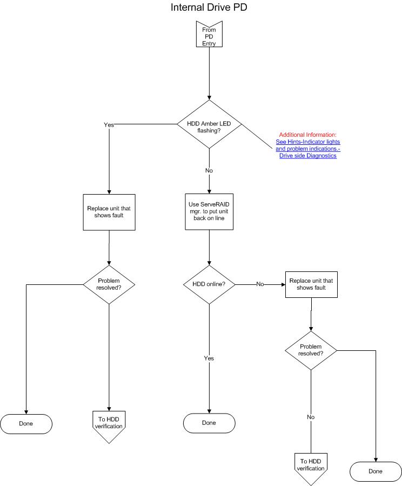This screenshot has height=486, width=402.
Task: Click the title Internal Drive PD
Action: click(x=209, y=7)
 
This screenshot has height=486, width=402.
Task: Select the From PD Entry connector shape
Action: click(x=209, y=34)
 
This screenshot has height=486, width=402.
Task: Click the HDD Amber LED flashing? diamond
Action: click(x=209, y=124)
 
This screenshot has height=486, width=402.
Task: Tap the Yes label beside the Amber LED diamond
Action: click(x=109, y=124)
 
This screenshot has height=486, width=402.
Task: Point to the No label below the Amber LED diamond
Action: click(x=209, y=170)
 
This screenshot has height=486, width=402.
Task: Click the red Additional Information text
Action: click(x=307, y=135)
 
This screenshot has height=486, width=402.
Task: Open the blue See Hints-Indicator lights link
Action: click(x=308, y=142)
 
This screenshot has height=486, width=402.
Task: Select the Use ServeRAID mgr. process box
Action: click(x=209, y=212)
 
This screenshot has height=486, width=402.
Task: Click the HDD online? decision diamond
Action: click(x=209, y=284)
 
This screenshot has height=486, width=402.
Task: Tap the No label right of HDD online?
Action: click(x=260, y=284)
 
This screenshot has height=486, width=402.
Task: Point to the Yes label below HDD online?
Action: click(x=209, y=358)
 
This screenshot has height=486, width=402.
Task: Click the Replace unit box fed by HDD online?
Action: click(x=311, y=284)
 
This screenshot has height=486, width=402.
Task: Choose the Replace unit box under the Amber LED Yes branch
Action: click(x=109, y=212)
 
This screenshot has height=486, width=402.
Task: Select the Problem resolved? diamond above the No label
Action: click(x=311, y=350)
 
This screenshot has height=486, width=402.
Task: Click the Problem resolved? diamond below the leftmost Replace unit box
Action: click(x=109, y=284)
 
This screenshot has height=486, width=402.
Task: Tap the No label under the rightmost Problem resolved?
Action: click(x=311, y=417)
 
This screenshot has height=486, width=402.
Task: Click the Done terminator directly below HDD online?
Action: click(x=209, y=423)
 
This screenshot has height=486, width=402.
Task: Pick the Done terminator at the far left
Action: click(x=26, y=424)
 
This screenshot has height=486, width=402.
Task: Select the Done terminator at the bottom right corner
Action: click(x=376, y=471)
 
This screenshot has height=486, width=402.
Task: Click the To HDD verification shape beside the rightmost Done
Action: click(x=311, y=467)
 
